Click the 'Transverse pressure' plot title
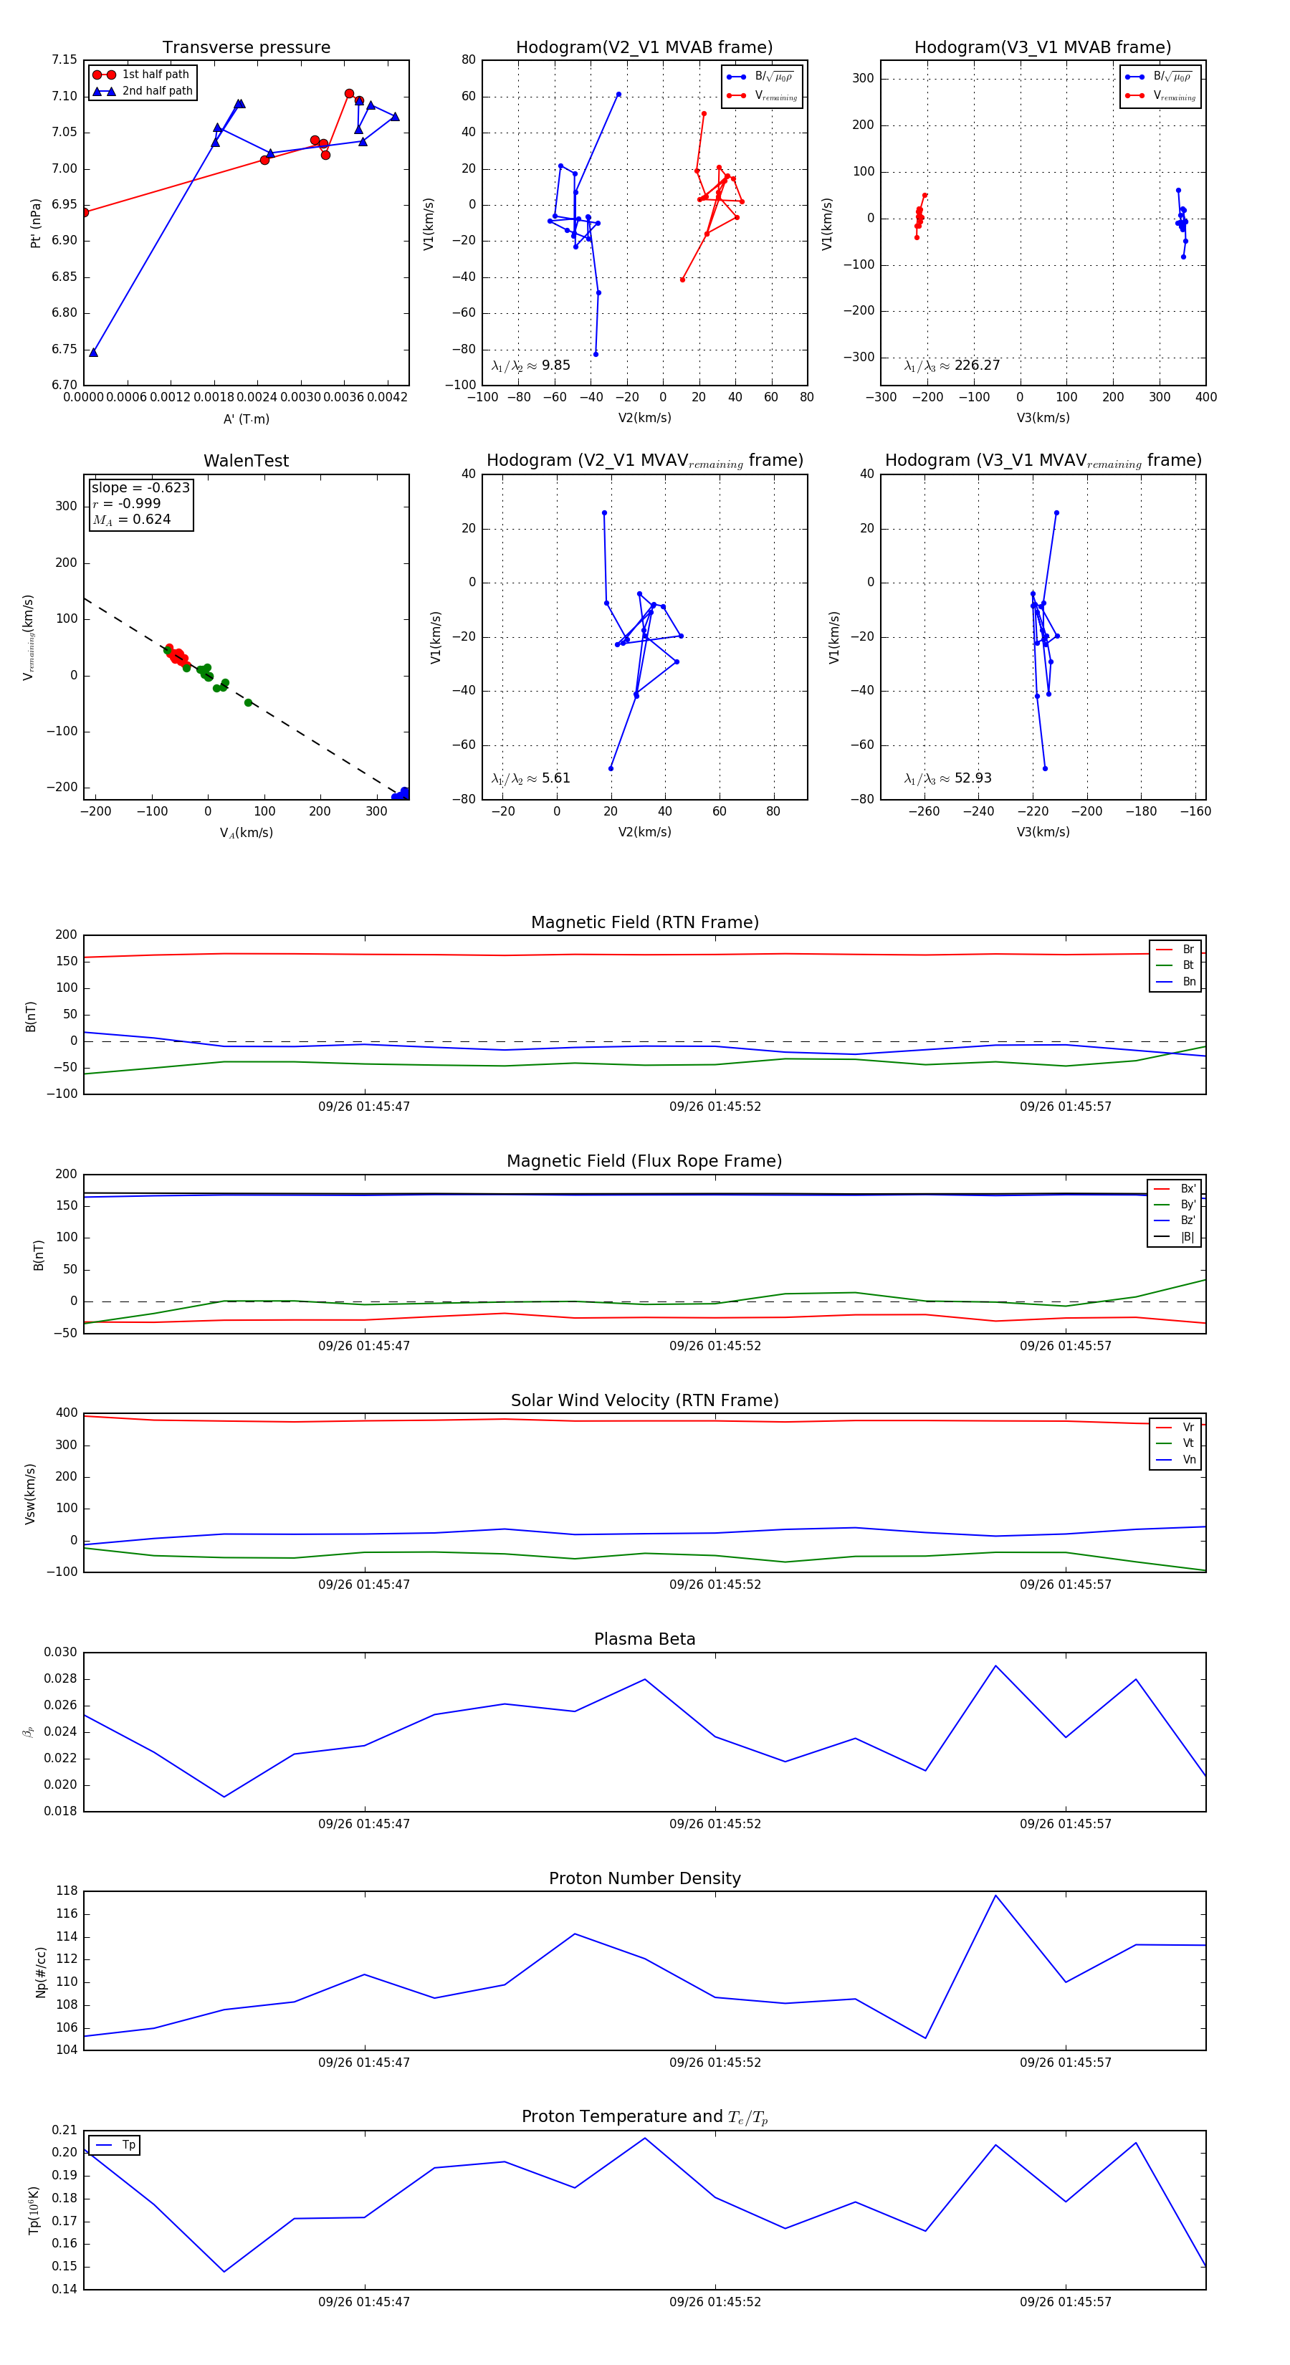[246, 48]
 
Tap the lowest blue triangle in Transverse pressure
[94, 353]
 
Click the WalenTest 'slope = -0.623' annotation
[140, 487]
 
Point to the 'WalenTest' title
[246, 461]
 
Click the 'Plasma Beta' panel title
[644, 1639]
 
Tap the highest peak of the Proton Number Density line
[995, 1896]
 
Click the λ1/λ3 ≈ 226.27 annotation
[952, 365]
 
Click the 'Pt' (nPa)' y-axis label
[36, 223]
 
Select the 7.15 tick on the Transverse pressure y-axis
[64, 61]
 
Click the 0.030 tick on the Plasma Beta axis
[61, 1652]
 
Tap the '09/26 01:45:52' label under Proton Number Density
[715, 2062]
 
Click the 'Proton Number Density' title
[644, 1878]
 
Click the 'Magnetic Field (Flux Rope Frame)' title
[644, 1162]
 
